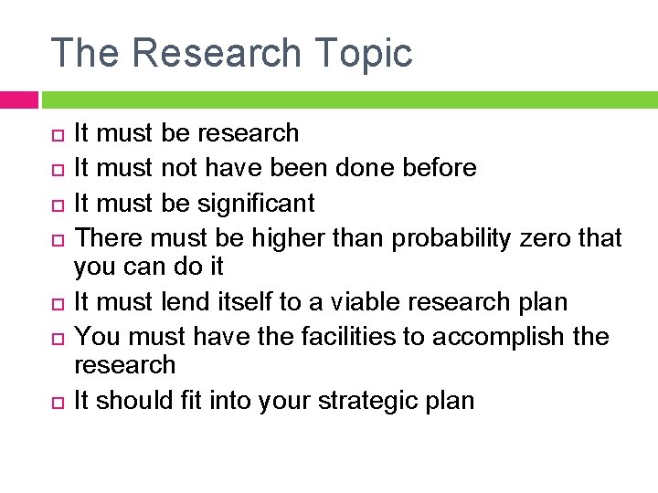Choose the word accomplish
[x=500, y=337]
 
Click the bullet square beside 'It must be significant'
[x=57, y=204]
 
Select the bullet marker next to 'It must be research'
[x=57, y=134]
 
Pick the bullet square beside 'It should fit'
[x=57, y=402]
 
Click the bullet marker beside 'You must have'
[x=57, y=338]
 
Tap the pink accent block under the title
[x=18, y=100]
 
